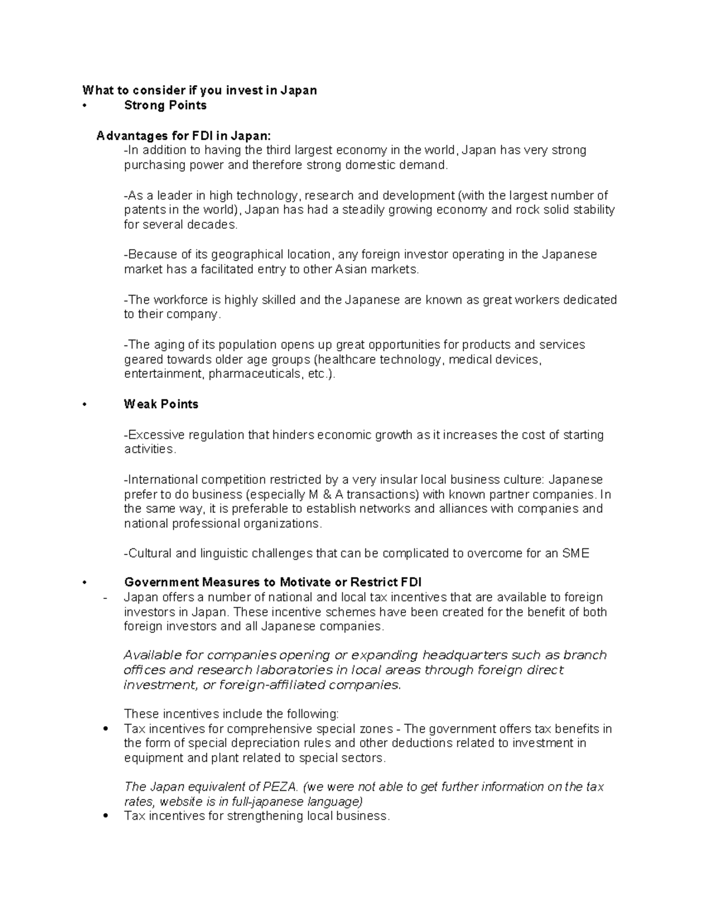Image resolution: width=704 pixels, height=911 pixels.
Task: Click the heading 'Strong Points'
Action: click(x=165, y=106)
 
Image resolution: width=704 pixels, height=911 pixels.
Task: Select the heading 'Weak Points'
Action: click(x=161, y=404)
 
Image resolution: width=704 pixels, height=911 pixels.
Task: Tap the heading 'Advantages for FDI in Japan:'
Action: click(x=184, y=136)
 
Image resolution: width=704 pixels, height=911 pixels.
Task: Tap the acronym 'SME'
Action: click(x=576, y=553)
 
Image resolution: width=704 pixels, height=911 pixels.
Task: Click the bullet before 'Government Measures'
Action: click(x=85, y=583)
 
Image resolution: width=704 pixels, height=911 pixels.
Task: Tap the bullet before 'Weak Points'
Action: click(x=85, y=404)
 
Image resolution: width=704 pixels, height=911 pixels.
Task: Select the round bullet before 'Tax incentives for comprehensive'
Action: click(x=106, y=729)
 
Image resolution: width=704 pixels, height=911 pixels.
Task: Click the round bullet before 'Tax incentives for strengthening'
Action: click(x=106, y=816)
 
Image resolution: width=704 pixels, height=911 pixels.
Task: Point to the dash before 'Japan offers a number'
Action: click(x=105, y=598)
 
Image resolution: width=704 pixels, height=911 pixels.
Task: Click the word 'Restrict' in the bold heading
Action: click(x=373, y=583)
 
